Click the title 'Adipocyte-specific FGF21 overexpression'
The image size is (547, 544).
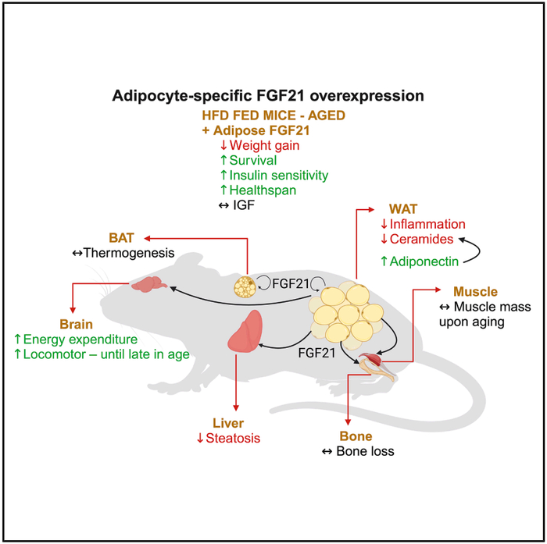tap(267, 96)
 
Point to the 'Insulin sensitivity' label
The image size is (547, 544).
tap(278, 175)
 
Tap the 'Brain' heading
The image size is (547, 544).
tap(76, 323)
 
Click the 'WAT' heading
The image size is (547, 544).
tap(403, 209)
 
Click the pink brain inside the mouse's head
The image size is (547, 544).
tap(145, 285)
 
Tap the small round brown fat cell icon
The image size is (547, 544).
tap(245, 288)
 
